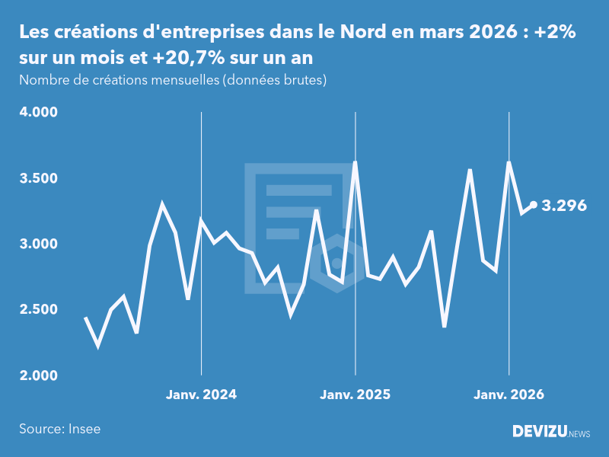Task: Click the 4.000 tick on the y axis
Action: point(38,113)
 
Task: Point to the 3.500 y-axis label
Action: point(38,178)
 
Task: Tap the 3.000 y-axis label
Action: point(38,244)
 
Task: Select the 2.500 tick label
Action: point(38,310)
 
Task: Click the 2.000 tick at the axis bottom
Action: point(38,376)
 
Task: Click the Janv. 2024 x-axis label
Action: point(201,395)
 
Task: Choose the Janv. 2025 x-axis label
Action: point(355,395)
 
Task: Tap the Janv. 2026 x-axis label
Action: point(509,395)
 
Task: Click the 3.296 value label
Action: point(564,205)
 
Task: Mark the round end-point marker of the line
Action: point(534,205)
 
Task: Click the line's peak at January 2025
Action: point(355,162)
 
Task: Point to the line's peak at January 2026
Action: point(509,163)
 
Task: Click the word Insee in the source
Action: point(84,429)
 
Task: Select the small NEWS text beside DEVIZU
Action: point(579,433)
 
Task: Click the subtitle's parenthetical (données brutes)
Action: point(274,80)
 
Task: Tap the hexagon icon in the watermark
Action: point(336,264)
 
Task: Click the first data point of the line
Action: point(85,318)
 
